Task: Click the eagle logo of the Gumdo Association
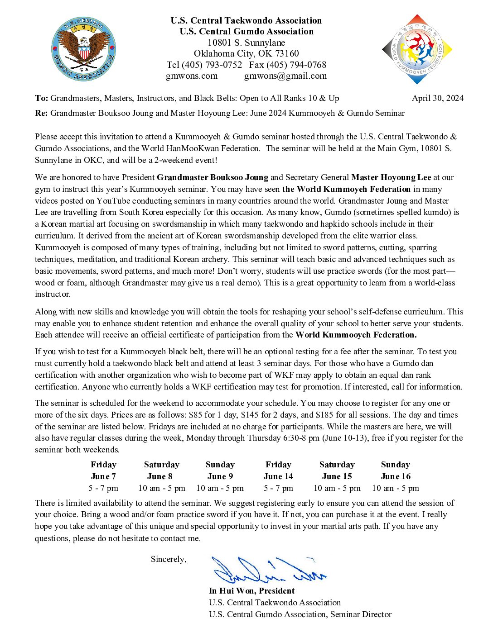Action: click(84, 49)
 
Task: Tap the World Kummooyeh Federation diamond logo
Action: click(417, 49)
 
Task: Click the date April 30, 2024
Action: click(437, 98)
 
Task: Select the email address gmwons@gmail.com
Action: click(285, 76)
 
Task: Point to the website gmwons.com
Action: click(192, 76)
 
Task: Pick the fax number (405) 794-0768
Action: click(296, 65)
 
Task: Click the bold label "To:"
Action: click(41, 98)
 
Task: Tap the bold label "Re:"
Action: click(41, 113)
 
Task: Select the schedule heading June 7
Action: click(103, 476)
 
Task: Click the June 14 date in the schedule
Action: click(278, 476)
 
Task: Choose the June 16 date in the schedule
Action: click(396, 476)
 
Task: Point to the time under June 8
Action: click(162, 488)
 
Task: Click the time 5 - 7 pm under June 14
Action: click(278, 488)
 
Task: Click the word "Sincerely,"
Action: click(169, 559)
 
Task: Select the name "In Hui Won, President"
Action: click(251, 591)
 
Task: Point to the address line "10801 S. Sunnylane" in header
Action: click(246, 43)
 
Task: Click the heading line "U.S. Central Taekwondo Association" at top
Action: click(246, 20)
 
